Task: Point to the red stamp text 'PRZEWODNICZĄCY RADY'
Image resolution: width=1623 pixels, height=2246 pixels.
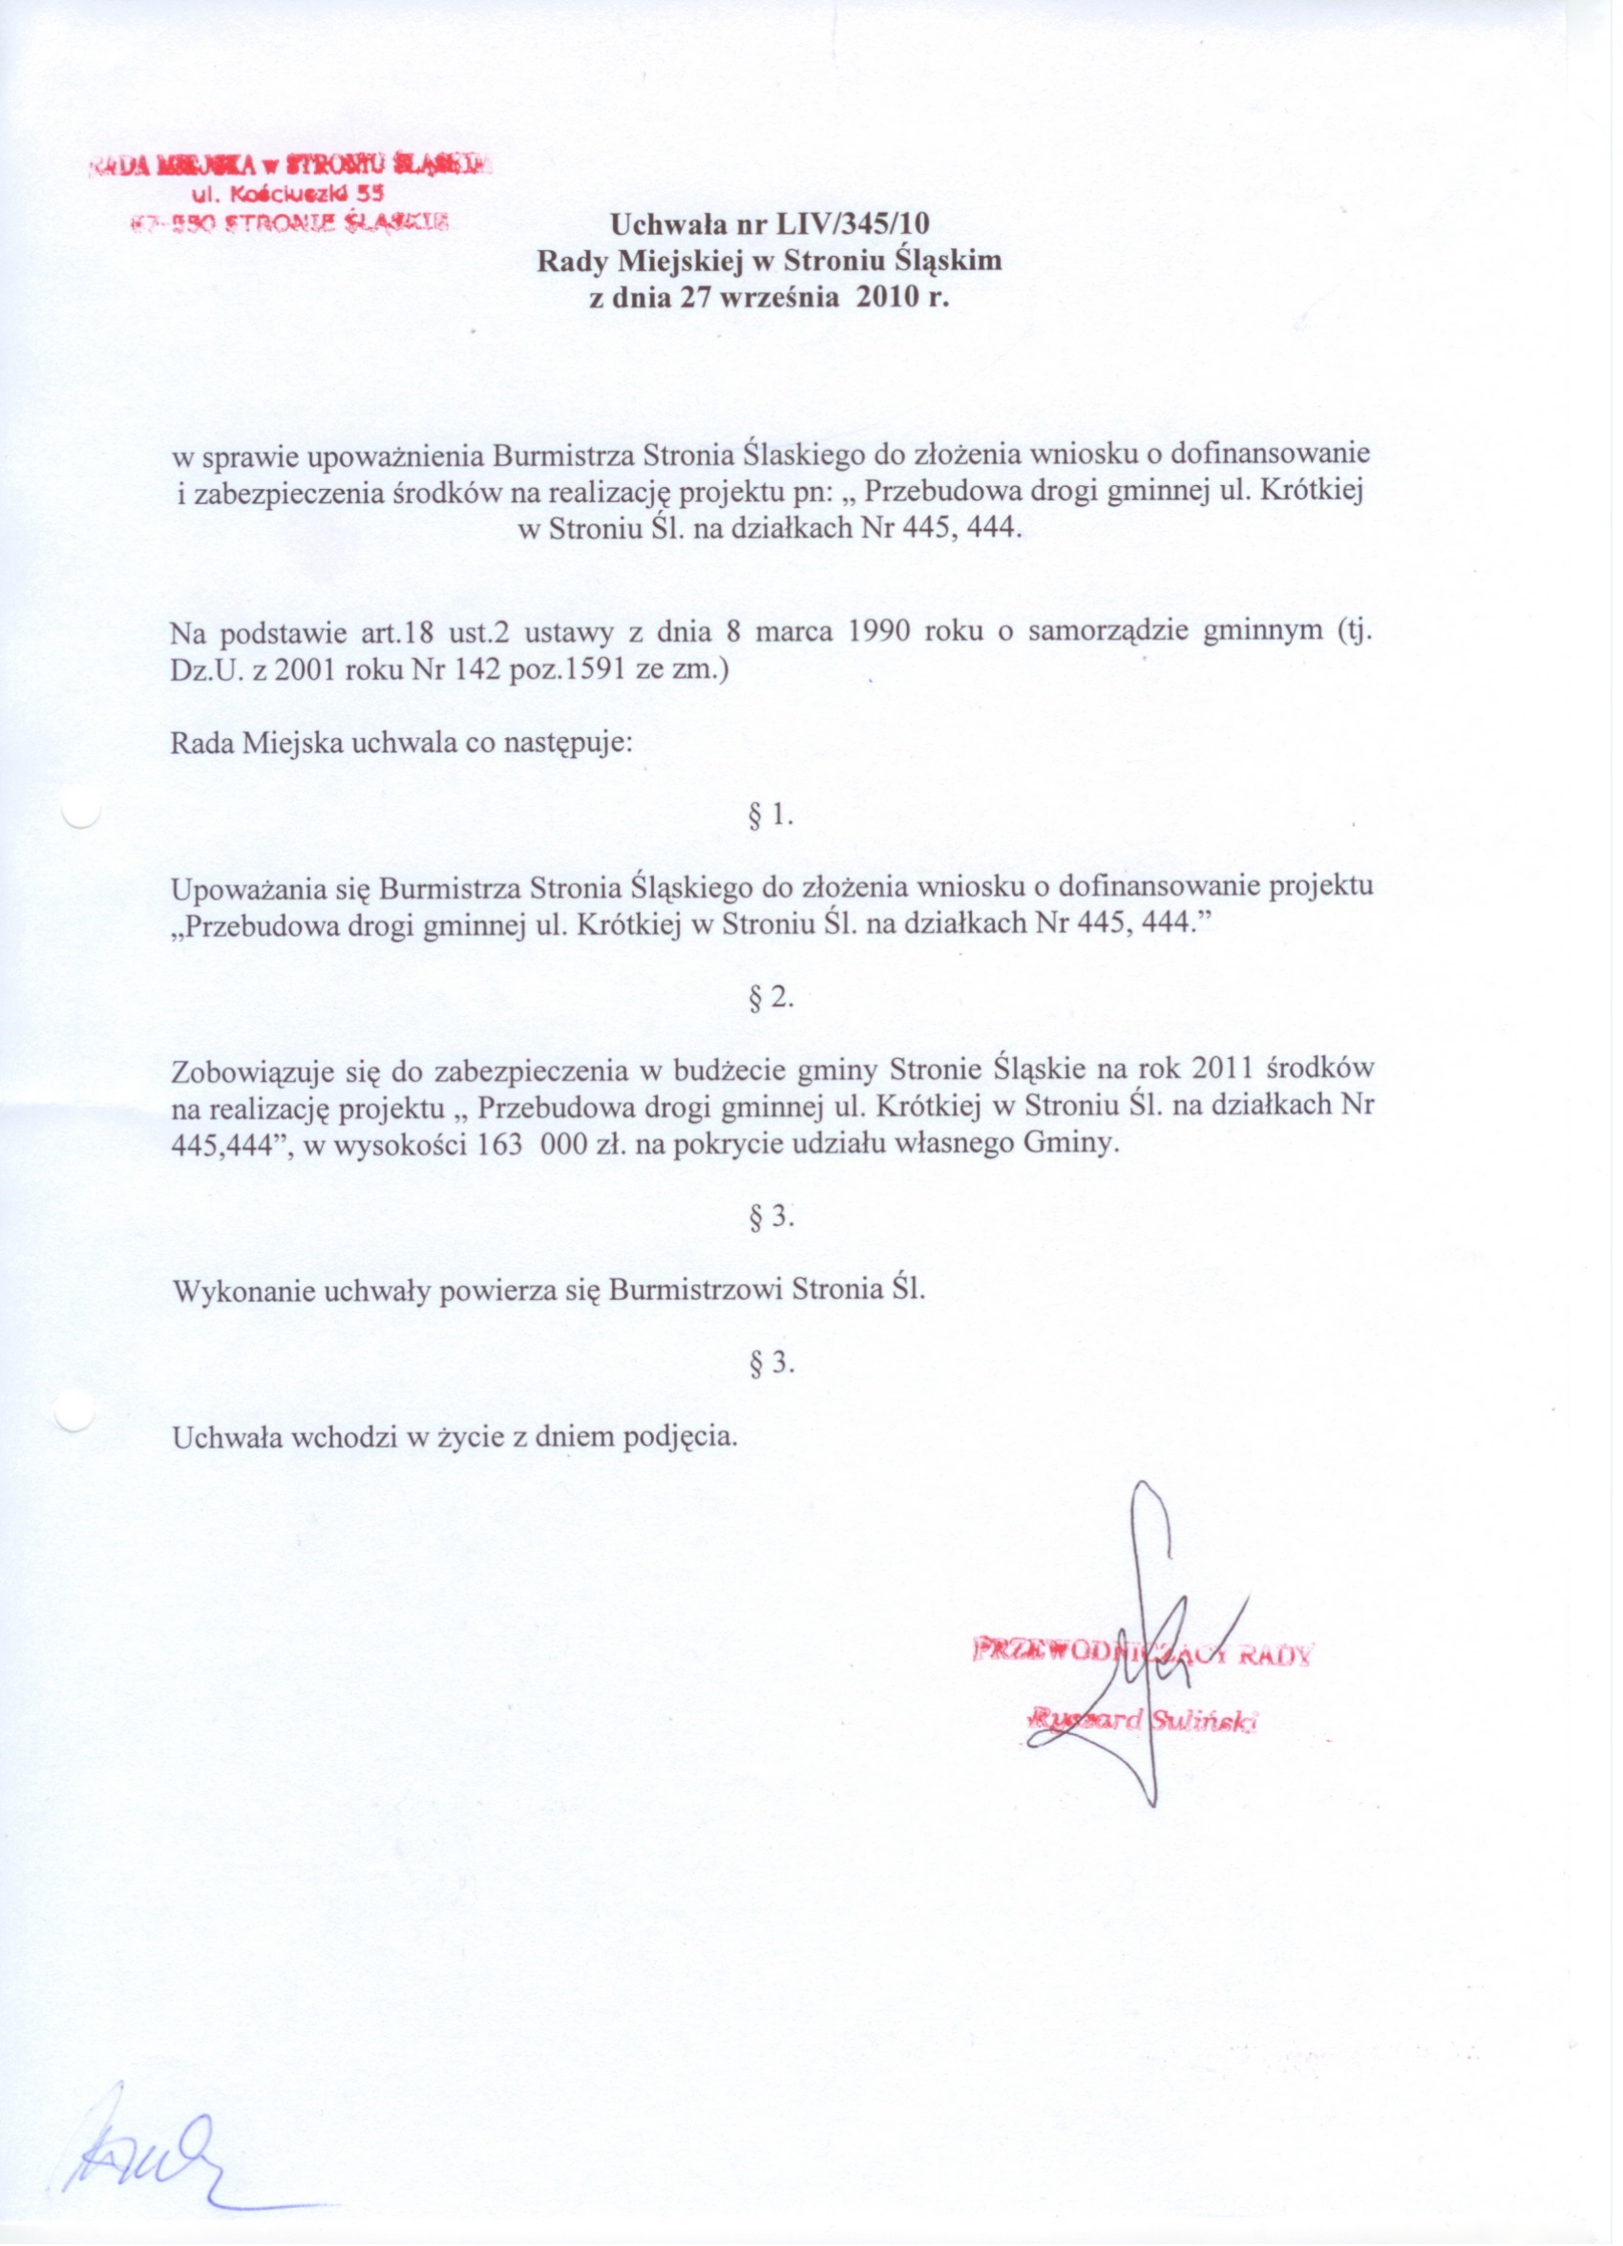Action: tap(1144, 1651)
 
